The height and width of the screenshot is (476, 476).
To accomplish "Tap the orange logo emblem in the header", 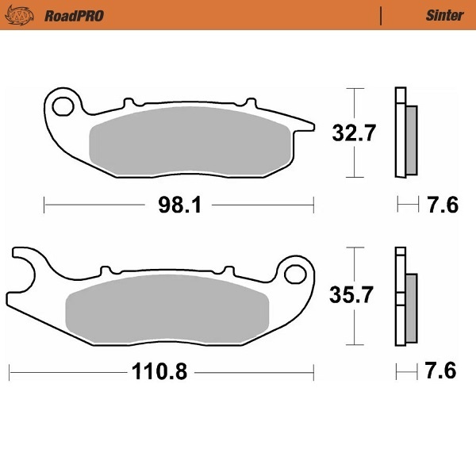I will coord(28,15).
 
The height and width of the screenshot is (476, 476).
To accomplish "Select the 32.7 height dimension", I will coord(352,133).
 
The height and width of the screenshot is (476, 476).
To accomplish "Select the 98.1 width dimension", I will coord(178,206).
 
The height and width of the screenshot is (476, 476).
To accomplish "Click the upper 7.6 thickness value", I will coord(442,206).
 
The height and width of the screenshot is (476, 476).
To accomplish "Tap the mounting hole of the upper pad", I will coord(63,106).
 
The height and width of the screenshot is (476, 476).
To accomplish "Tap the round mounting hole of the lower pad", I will coord(296,274).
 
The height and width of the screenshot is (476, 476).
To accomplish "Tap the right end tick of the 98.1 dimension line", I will coord(314,206).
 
